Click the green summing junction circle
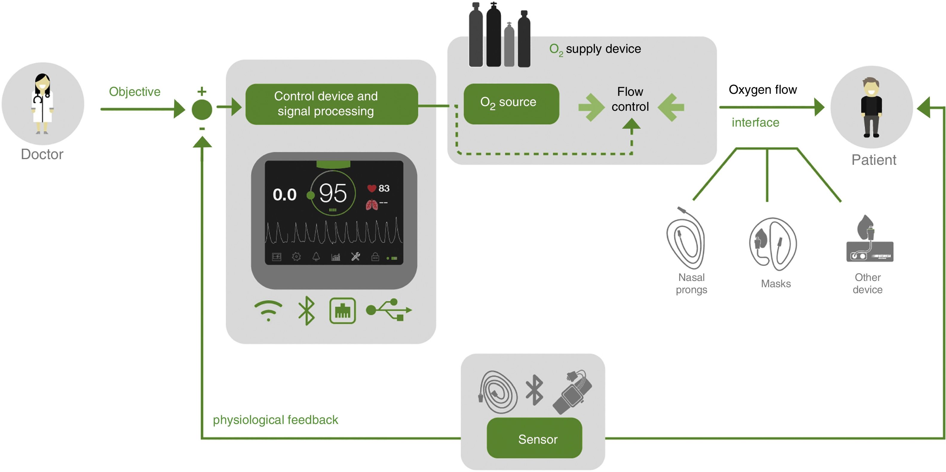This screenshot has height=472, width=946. point(202,109)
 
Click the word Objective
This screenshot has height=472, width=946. point(135,91)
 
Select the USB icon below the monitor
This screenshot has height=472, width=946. point(389,310)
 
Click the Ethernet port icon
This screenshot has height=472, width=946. point(342,310)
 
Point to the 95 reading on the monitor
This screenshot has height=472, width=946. point(333,193)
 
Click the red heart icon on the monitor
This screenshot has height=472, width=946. point(372,189)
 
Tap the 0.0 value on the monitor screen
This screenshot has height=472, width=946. point(284,195)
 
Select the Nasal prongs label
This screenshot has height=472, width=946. point(691,283)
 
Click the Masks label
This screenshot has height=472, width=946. point(776,283)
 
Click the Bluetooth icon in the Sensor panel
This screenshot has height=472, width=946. point(535,390)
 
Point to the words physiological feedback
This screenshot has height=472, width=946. point(275,419)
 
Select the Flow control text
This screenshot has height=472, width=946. point(630,99)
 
